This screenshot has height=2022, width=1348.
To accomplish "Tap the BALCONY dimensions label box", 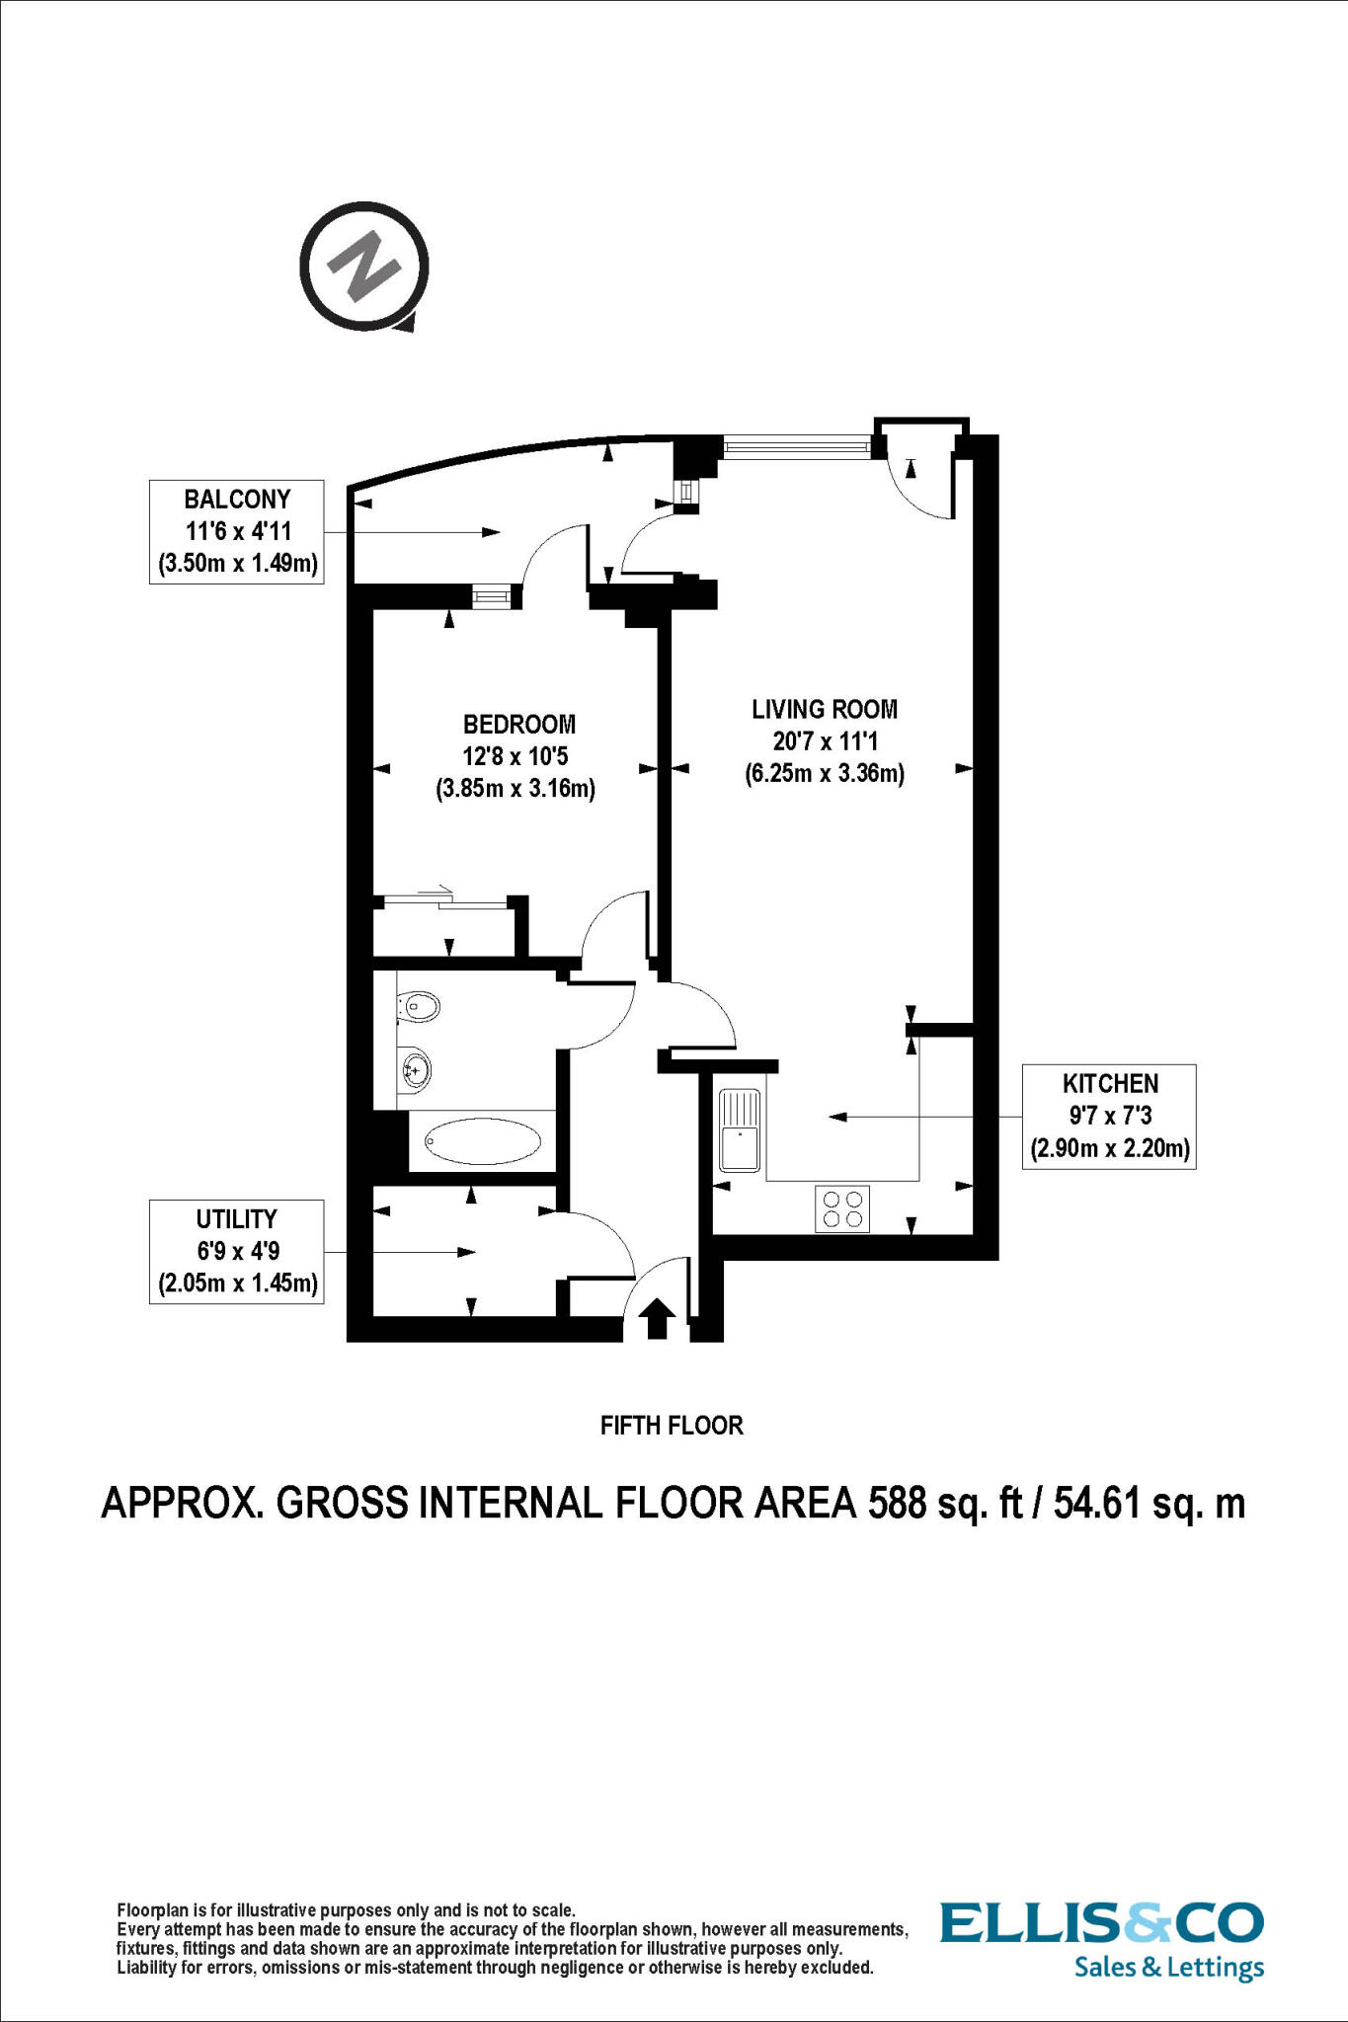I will [x=237, y=531].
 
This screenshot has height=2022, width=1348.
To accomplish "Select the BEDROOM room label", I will [x=519, y=725].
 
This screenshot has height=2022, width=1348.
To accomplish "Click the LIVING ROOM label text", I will [x=825, y=709].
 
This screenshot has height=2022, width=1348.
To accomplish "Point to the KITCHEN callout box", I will [x=1109, y=1117].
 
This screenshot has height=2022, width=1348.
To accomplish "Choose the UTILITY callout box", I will [x=237, y=1252].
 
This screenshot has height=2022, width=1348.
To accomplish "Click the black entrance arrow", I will [x=658, y=1318].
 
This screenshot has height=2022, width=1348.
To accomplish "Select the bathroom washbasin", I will [x=416, y=1068].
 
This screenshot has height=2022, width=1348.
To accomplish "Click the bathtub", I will [x=484, y=1142].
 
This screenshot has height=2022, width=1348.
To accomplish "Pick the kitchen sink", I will [x=740, y=1129].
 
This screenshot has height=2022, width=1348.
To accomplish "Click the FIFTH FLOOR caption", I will [x=672, y=1426].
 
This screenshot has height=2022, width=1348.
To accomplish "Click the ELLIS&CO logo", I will [x=1101, y=1923].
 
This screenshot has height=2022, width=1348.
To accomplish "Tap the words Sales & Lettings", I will [x=1168, y=1968].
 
